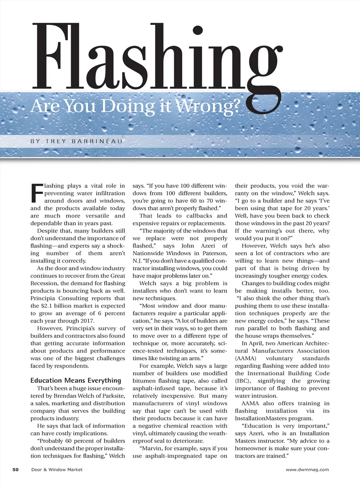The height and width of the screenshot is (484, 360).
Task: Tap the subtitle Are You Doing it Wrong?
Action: point(135,106)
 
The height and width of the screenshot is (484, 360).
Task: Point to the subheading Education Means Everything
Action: point(76,380)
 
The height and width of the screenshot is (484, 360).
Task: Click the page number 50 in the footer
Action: point(15,470)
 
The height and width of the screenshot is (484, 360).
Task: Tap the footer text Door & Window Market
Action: point(57,470)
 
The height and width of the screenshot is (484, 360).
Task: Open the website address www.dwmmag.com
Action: point(307,470)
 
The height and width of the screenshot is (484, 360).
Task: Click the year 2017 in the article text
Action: point(85,321)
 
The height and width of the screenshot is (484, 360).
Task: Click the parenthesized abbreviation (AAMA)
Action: point(245,358)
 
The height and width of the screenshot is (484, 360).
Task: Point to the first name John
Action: point(187,246)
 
